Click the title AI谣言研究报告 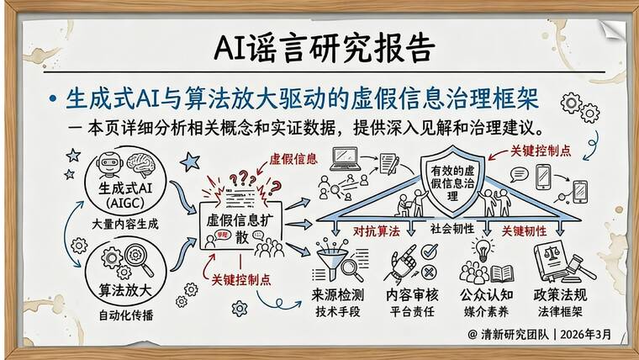click(x=320, y=44)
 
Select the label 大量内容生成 click(x=125, y=225)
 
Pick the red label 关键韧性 click(x=525, y=229)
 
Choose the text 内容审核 click(x=415, y=295)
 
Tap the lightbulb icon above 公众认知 click(x=483, y=249)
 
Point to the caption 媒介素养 click(x=488, y=310)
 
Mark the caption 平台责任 click(x=415, y=310)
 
